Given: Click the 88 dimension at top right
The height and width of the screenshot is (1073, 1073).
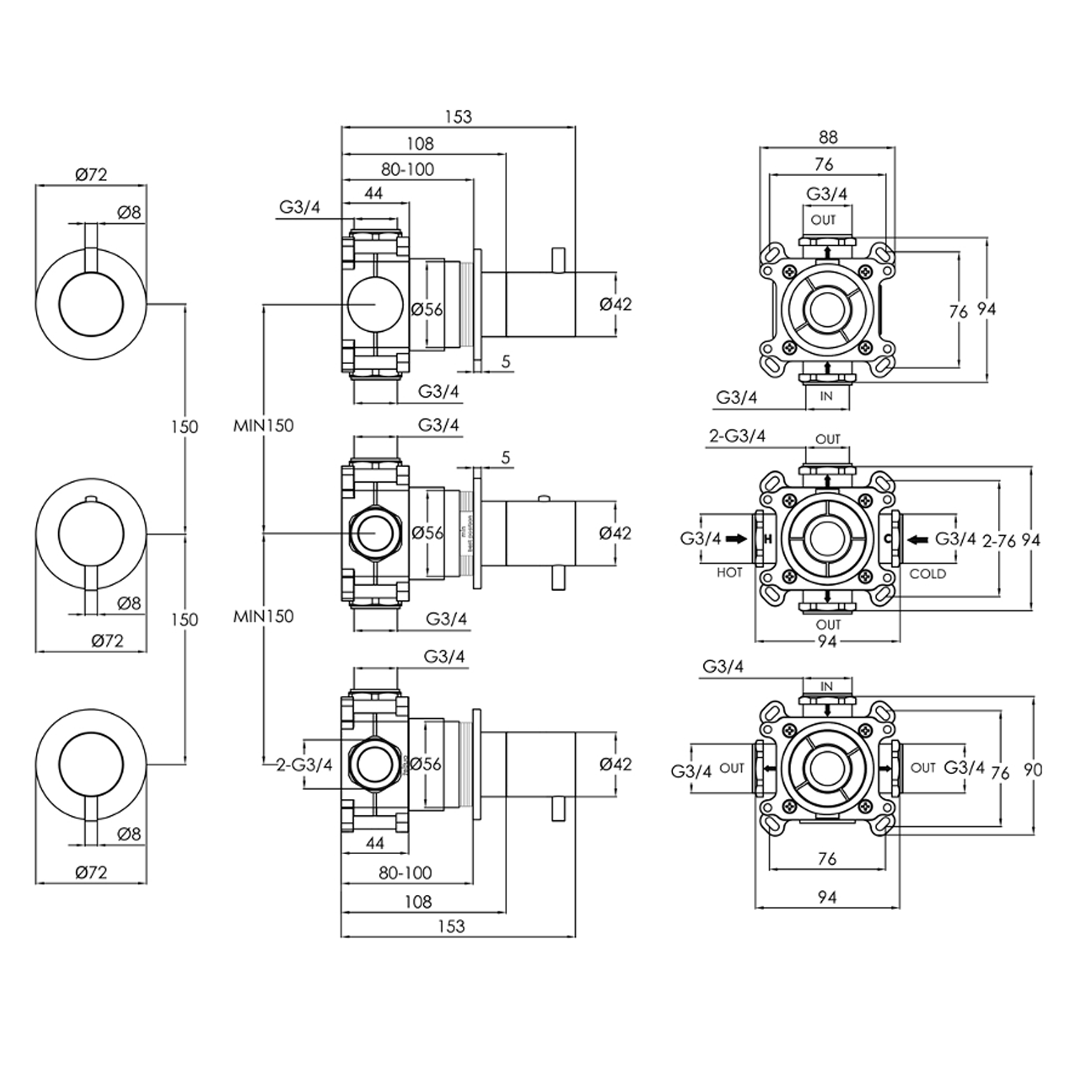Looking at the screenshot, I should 828,137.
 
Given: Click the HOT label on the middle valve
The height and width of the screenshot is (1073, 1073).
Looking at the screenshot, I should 729,572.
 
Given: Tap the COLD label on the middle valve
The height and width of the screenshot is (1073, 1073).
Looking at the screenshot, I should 928,574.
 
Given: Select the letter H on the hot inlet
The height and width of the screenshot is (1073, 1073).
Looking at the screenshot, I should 768,539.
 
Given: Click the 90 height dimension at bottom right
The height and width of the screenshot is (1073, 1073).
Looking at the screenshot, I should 1033,770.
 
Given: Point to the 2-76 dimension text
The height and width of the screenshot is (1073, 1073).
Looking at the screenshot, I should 999,541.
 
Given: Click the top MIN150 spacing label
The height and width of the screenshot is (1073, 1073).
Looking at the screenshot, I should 263,425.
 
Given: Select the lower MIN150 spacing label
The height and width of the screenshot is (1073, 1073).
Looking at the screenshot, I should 263,616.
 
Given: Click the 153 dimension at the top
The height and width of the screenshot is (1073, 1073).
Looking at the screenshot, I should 458,117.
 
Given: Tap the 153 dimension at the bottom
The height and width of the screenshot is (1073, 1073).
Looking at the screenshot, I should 451,926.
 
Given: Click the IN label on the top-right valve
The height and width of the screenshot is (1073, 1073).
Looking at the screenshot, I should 826,396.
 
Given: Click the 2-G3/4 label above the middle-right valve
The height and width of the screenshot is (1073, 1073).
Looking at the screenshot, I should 737,436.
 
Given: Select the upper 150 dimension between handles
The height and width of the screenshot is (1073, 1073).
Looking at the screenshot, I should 184,426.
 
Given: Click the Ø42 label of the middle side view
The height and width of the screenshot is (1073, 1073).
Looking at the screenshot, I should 615,533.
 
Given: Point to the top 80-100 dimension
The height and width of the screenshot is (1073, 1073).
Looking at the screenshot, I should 407,170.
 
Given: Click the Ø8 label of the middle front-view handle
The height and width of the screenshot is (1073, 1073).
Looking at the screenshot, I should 129,603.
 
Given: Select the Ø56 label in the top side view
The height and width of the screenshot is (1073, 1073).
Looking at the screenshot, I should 428,309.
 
